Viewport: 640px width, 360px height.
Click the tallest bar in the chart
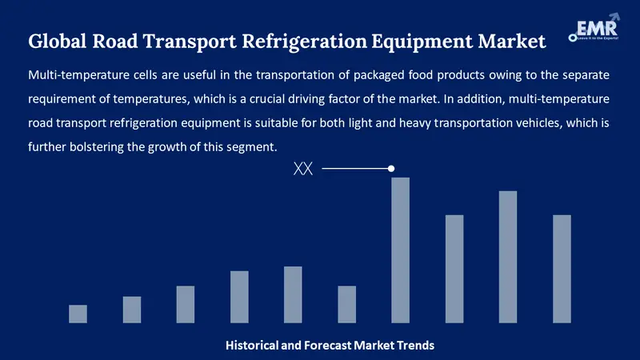(400, 250)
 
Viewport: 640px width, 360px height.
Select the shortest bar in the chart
(78, 314)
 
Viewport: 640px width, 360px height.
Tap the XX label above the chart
(303, 169)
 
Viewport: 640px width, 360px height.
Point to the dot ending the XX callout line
(391, 168)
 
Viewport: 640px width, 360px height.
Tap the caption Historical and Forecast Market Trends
(330, 346)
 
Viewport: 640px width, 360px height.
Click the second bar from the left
(131, 310)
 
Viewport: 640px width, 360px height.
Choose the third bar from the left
(186, 304)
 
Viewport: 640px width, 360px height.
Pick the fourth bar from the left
(239, 297)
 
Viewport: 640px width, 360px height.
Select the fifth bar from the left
(293, 294)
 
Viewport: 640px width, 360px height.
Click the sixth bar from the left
(346, 304)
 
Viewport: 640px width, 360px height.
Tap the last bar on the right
(562, 269)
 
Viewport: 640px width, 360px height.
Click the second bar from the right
(508, 257)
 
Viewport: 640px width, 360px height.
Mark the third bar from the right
(454, 269)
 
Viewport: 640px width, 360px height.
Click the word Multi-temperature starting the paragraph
(72, 75)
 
